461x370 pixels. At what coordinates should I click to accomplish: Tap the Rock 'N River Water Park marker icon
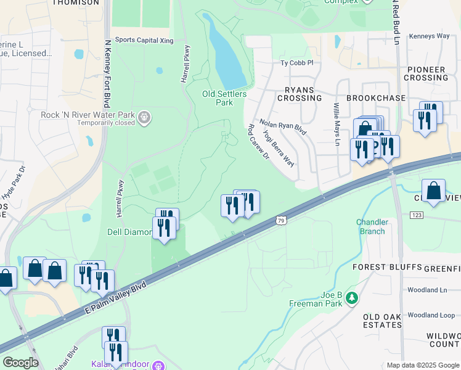(144, 117)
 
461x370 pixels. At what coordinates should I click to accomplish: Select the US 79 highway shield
(281, 220)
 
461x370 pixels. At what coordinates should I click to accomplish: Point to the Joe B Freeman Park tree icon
(352, 298)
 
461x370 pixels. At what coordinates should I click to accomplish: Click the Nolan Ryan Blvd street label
(283, 127)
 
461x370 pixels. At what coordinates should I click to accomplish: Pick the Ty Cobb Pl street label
(297, 63)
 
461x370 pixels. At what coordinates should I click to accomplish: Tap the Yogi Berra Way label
(279, 147)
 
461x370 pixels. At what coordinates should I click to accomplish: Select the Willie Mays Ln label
(337, 124)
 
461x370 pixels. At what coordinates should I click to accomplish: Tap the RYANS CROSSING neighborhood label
(300, 94)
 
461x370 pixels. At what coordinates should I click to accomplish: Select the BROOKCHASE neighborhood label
(376, 98)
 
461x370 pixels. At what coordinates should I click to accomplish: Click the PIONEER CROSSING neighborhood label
(426, 73)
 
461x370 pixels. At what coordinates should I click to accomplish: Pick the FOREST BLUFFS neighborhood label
(387, 267)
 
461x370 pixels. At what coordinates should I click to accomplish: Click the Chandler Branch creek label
(370, 226)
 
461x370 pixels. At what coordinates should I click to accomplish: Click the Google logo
(20, 363)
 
